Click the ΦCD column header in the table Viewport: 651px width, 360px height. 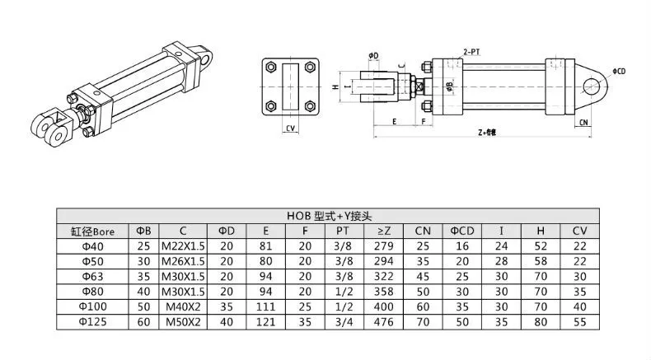(x=462, y=231)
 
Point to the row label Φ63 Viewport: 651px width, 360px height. (x=92, y=275)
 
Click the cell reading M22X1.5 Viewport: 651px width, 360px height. (x=183, y=245)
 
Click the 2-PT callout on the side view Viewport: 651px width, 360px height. (x=471, y=51)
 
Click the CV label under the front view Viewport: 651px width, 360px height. (x=290, y=129)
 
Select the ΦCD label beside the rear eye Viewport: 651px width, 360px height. (x=620, y=72)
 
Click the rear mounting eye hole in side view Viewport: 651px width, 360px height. (x=591, y=85)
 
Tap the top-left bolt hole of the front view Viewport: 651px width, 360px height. (x=272, y=68)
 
